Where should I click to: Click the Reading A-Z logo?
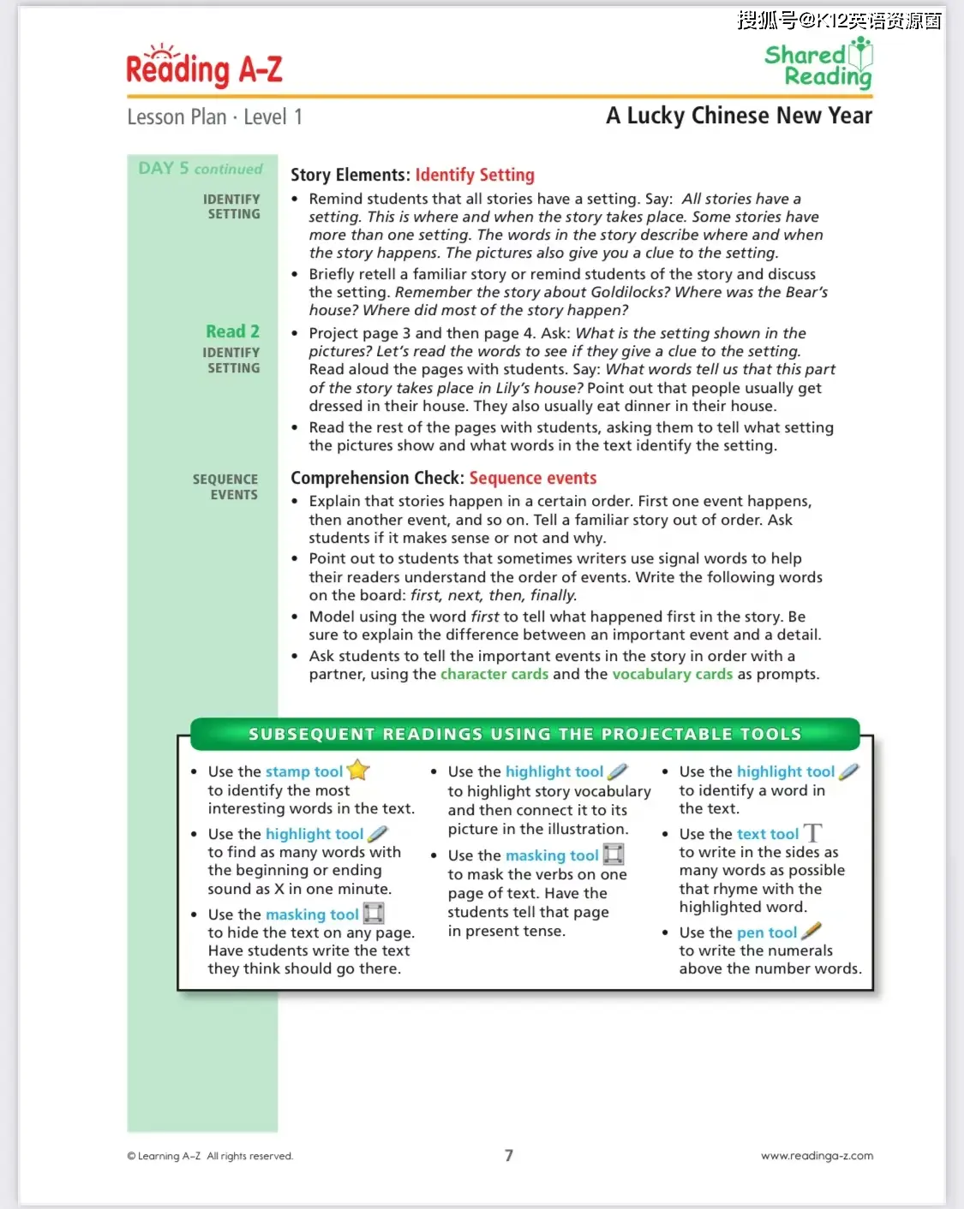(204, 67)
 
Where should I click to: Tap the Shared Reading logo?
(818, 64)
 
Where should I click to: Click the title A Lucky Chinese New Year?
(739, 116)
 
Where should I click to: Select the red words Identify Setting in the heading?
(475, 175)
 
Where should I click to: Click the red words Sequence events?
(532, 478)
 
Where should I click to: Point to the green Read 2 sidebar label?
(232, 331)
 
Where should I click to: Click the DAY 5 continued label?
(201, 169)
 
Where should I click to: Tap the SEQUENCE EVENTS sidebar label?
(225, 486)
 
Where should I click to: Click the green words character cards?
(494, 674)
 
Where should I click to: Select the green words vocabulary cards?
(673, 674)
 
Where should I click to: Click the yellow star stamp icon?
(358, 770)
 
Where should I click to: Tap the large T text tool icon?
(812, 832)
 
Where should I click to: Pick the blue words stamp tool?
(304, 771)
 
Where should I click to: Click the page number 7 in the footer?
(509, 1155)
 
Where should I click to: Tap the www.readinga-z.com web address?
(817, 1155)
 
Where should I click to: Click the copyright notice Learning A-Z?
(210, 1156)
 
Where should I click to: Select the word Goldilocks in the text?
(630, 292)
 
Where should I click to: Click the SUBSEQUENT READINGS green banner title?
(524, 734)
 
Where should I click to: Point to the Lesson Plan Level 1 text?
(214, 116)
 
